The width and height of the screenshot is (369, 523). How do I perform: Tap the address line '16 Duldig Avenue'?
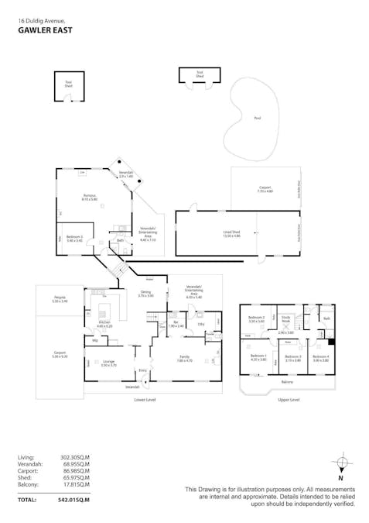(x=41, y=22)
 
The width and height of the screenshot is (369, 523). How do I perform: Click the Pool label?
(x=257, y=119)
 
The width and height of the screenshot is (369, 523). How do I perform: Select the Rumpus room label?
(x=90, y=198)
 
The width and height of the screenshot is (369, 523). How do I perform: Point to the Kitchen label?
(x=104, y=323)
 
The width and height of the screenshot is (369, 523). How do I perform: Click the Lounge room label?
(x=108, y=362)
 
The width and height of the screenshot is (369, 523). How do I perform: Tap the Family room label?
(x=184, y=358)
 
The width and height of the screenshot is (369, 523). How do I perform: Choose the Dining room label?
(x=145, y=294)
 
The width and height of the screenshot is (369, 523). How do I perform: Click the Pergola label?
(x=59, y=298)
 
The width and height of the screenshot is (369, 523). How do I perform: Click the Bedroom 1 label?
(x=258, y=357)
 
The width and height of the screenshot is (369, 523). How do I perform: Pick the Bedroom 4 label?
(x=320, y=357)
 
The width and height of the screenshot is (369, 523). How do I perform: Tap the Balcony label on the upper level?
(x=287, y=383)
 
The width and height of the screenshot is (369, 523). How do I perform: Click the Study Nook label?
(x=285, y=319)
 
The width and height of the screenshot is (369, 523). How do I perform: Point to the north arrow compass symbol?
(x=341, y=466)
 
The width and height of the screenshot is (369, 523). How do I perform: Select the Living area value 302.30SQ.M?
(x=75, y=457)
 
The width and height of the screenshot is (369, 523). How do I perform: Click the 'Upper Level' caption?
(x=288, y=400)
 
